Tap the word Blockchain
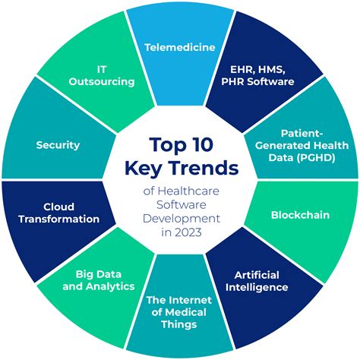click(x=300, y=215)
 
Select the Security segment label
click(x=58, y=145)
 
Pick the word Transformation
click(x=59, y=219)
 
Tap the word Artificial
click(x=257, y=274)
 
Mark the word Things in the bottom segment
click(x=179, y=325)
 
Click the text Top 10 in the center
click(x=179, y=144)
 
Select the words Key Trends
click(x=179, y=168)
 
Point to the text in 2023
click(x=179, y=232)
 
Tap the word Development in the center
click(x=179, y=218)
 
